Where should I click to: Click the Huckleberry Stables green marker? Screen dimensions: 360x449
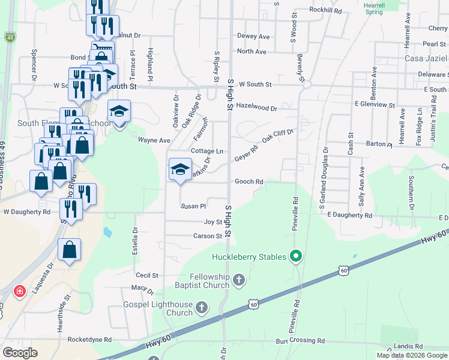pyautogui.click(x=295, y=257)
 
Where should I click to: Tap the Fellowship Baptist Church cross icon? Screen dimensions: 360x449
pyautogui.click(x=239, y=280)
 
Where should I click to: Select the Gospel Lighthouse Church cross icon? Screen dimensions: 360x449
pyautogui.click(x=202, y=308)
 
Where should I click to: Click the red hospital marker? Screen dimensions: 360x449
pyautogui.click(x=20, y=292)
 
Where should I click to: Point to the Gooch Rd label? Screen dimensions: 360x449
pyautogui.click(x=249, y=181)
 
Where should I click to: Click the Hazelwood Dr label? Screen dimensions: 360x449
pyautogui.click(x=256, y=109)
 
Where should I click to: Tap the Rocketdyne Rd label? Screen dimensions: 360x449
pyautogui.click(x=90, y=339)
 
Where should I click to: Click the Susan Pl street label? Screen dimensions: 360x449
pyautogui.click(x=193, y=206)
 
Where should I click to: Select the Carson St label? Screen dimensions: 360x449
pyautogui.click(x=208, y=236)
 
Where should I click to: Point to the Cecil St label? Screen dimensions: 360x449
pyautogui.click(x=146, y=275)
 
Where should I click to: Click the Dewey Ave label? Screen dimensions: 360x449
pyautogui.click(x=253, y=36)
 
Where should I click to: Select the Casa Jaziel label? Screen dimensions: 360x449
pyautogui.click(x=426, y=58)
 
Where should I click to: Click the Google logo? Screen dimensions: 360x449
pyautogui.click(x=20, y=353)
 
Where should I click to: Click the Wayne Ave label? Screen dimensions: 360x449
pyautogui.click(x=154, y=140)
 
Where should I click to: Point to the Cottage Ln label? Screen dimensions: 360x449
pyautogui.click(x=207, y=151)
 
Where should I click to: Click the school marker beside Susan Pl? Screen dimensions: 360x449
pyautogui.click(x=179, y=170)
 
